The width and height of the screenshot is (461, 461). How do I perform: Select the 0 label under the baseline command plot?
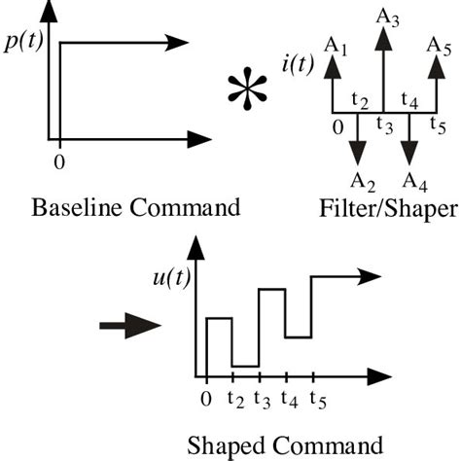pos(60,161)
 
